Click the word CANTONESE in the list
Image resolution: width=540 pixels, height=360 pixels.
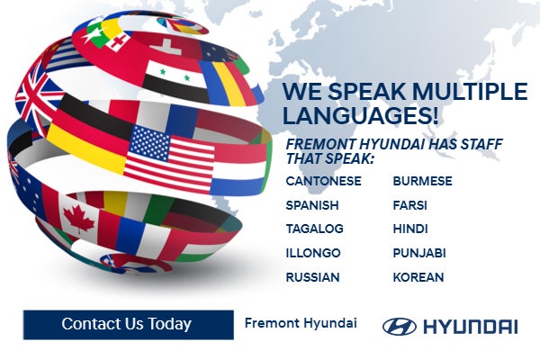(323, 181)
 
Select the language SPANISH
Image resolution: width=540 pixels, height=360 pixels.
(312, 205)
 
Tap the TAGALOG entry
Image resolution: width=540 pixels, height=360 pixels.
(314, 229)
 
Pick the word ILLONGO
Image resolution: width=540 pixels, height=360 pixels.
(312, 253)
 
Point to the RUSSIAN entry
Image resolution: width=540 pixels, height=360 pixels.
(312, 277)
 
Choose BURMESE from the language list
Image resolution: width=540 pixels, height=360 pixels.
(422, 181)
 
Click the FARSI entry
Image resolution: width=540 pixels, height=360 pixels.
(409, 205)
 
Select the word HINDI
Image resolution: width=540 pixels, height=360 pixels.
(410, 229)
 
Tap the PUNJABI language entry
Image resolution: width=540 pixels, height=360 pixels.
(419, 253)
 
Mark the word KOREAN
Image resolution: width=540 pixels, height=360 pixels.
(418, 277)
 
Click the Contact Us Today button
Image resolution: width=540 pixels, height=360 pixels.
(126, 324)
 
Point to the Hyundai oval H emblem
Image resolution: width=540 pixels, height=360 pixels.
(399, 326)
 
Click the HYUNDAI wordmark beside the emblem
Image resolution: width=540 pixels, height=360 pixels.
(470, 326)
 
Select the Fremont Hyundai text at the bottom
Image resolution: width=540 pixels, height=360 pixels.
(301, 323)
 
